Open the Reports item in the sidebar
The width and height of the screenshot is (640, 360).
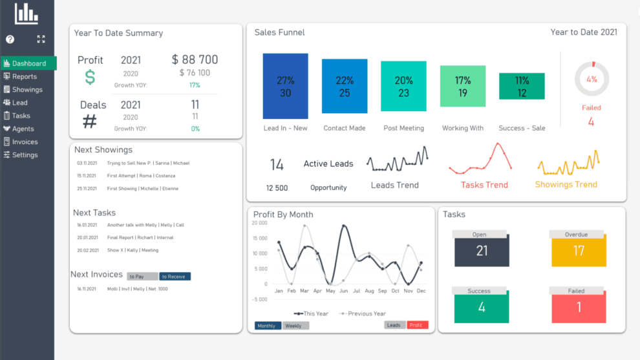click(24, 76)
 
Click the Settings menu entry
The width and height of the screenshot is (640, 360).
click(25, 155)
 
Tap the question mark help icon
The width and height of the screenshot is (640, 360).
click(10, 39)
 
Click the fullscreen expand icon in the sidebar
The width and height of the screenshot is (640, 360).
click(41, 39)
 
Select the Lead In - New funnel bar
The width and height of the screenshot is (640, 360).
click(285, 86)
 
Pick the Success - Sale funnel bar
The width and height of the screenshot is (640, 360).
click(522, 87)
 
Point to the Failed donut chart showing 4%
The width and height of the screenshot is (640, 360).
click(592, 79)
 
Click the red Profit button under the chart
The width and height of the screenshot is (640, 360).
click(417, 325)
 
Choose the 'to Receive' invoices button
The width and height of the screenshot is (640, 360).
click(175, 277)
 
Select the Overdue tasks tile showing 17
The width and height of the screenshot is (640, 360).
click(579, 250)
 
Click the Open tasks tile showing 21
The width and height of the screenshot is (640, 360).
click(482, 250)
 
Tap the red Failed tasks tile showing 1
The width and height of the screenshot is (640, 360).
click(579, 307)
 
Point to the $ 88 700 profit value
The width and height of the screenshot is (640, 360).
click(195, 59)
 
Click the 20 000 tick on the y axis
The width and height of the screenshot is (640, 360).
click(259, 223)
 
